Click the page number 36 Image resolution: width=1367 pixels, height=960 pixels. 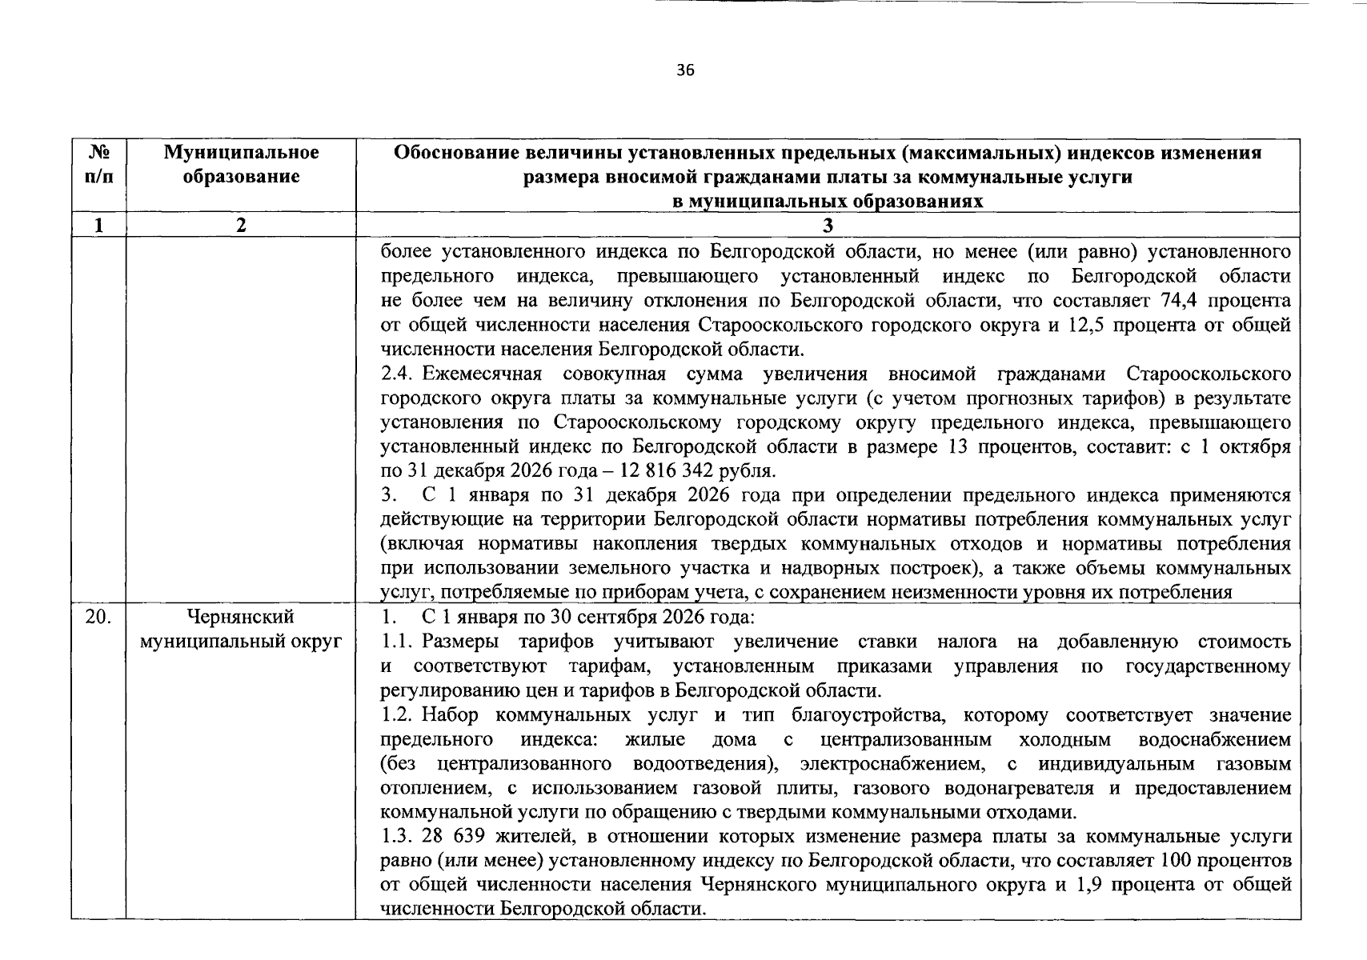[x=685, y=70]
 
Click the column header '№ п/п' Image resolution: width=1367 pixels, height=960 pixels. [x=98, y=164]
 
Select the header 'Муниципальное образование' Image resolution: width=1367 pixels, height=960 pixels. [x=241, y=164]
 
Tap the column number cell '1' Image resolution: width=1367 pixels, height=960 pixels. [x=98, y=226]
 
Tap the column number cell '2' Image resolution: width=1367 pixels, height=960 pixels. [x=241, y=226]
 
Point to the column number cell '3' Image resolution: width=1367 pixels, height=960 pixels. [x=828, y=226]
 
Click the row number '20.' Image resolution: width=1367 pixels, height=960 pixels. [x=98, y=618]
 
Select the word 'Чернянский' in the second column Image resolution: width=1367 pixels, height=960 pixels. [x=240, y=618]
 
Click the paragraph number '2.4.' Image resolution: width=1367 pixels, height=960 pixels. [x=398, y=374]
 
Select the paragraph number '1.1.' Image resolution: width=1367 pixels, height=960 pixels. [x=398, y=642]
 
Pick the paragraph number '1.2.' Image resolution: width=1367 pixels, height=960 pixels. [x=398, y=715]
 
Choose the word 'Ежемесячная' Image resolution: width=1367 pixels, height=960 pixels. [x=483, y=374]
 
